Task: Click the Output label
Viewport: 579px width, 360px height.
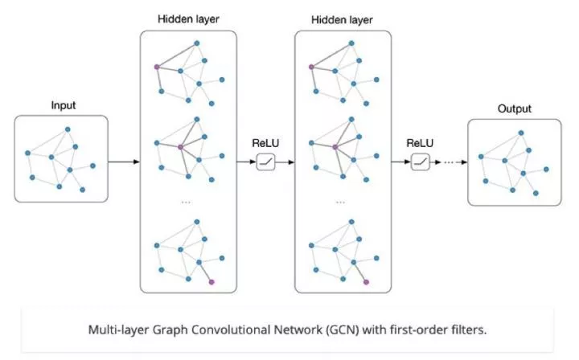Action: (x=515, y=108)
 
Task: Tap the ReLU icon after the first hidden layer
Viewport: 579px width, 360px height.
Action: (x=265, y=162)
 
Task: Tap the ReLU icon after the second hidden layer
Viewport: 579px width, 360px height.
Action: (x=420, y=162)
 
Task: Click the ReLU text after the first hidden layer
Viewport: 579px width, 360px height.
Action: (x=265, y=144)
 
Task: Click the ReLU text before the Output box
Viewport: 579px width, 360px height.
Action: (x=420, y=144)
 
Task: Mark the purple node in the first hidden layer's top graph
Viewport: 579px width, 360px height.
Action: (x=156, y=67)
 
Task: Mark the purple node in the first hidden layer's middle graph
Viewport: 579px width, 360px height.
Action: (x=181, y=147)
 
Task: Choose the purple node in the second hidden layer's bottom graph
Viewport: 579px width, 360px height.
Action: (x=367, y=282)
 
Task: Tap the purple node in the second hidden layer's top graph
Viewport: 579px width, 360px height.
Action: (x=310, y=67)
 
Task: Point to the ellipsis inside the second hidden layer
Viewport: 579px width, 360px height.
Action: (x=341, y=202)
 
